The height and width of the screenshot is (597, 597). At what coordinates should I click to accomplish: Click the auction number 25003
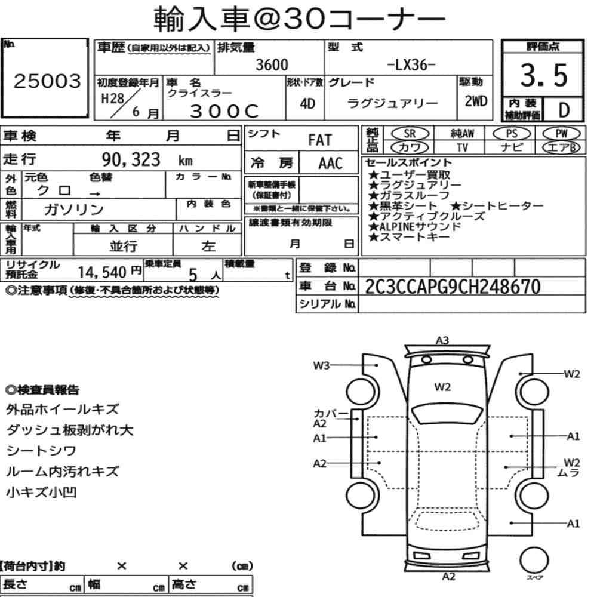(47, 81)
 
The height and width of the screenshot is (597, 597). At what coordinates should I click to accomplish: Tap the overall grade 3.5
(544, 75)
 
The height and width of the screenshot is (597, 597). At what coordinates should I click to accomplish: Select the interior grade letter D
(564, 110)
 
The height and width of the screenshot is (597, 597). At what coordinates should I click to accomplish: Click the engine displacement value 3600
(272, 64)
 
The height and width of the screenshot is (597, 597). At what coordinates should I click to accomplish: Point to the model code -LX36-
(411, 64)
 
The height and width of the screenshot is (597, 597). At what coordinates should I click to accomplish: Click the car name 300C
(224, 111)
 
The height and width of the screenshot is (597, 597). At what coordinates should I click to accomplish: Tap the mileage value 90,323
(131, 159)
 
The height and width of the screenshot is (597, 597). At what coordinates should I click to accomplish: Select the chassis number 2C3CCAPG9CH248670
(453, 287)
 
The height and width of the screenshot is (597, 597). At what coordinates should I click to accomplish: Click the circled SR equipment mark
(410, 134)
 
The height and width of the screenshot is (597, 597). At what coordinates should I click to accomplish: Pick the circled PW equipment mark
(561, 134)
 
